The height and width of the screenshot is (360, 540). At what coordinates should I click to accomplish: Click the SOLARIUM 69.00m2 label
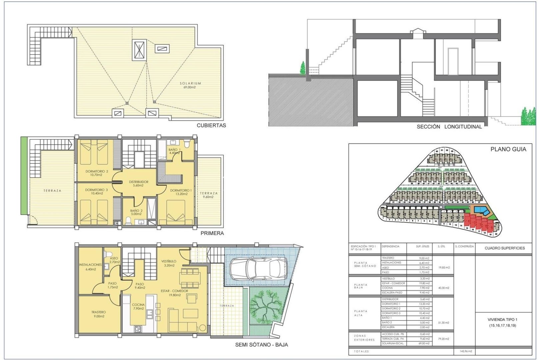tap(190, 85)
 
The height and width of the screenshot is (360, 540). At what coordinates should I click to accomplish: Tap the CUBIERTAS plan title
tap(211, 126)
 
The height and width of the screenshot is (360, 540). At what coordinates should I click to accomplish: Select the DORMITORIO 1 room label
tap(181, 192)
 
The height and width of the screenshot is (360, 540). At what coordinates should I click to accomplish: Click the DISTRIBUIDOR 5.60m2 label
tap(138, 184)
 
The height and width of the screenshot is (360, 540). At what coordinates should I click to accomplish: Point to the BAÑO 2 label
tap(136, 212)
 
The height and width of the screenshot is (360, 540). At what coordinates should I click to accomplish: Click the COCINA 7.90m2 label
tap(138, 307)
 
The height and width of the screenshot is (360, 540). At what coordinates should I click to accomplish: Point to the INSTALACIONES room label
tap(90, 267)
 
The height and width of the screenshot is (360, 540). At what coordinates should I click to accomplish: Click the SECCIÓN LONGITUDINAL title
tap(449, 127)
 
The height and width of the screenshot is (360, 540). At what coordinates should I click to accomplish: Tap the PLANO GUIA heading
tap(508, 149)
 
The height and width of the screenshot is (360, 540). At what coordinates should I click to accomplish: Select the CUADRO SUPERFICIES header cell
tap(504, 248)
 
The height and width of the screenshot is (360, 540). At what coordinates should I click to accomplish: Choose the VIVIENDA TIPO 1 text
tap(502, 322)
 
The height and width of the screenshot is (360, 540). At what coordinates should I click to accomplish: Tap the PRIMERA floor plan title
tap(212, 233)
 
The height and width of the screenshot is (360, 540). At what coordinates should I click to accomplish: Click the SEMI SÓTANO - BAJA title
tap(261, 345)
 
